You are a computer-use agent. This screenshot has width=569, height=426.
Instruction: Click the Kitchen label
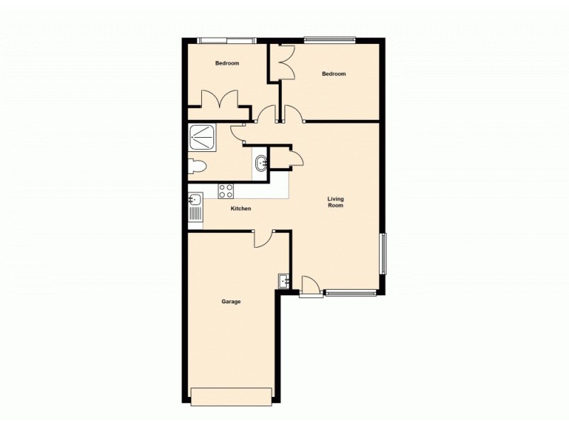tap(241, 209)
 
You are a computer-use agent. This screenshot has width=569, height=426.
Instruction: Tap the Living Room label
tap(335, 202)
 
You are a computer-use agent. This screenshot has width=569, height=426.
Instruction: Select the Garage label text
tap(230, 302)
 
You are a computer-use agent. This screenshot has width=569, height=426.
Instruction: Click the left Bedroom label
tap(227, 63)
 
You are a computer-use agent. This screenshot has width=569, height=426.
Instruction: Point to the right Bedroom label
tap(334, 74)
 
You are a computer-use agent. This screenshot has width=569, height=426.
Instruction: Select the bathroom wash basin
tap(261, 163)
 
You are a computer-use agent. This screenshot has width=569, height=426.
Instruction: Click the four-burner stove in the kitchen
tap(226, 191)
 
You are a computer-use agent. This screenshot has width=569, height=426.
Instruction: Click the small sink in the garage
tap(284, 281)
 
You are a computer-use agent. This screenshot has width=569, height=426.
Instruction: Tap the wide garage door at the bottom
tap(231, 396)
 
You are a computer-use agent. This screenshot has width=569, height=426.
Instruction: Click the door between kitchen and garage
tap(263, 239)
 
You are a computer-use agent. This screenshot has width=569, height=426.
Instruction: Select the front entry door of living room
tap(310, 285)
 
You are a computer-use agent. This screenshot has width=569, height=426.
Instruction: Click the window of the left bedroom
tap(225, 40)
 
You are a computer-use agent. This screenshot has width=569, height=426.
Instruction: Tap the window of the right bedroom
tap(329, 39)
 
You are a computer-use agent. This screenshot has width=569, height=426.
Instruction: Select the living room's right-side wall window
tap(383, 253)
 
